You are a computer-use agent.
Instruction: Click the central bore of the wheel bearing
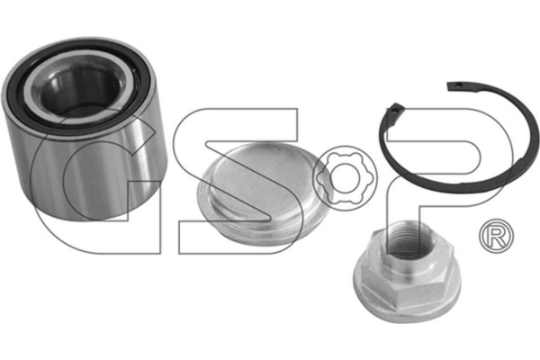point(78,90)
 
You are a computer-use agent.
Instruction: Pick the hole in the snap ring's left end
point(393,110)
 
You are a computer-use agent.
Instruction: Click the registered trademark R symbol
point(496,236)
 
